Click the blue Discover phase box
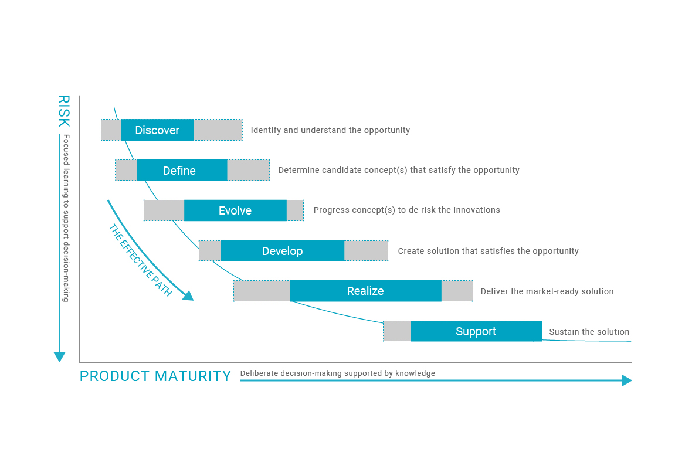coord(157,130)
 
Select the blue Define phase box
coord(182,170)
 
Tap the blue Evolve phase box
coord(235,210)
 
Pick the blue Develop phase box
coord(283,250)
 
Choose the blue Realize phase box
coord(365,291)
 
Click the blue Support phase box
coord(476,331)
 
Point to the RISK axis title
coord(64,111)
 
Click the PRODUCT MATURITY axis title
coord(155,376)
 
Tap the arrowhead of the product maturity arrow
coord(627,380)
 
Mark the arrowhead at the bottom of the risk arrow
coord(60,357)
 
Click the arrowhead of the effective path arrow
coord(188,295)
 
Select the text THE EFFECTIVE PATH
coord(140,260)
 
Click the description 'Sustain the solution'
coord(589,332)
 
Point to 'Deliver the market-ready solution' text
coord(547,291)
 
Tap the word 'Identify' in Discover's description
coord(265,130)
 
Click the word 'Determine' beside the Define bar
coord(298,170)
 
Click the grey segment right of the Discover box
coord(218,130)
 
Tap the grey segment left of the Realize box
coord(262,291)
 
